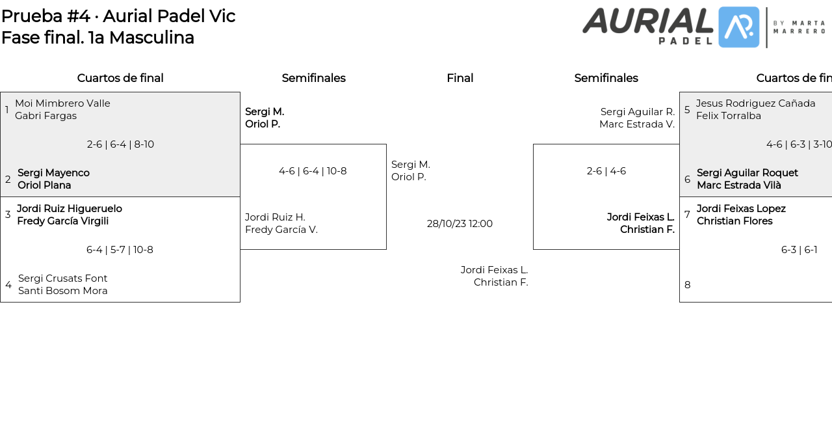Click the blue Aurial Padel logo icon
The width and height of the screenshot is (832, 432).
click(x=738, y=27)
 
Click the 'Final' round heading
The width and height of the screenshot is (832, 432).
click(x=460, y=78)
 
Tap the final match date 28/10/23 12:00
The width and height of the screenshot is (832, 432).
click(x=460, y=224)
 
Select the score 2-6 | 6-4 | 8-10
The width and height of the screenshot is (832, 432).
click(x=120, y=144)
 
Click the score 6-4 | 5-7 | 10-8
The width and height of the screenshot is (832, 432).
click(x=120, y=250)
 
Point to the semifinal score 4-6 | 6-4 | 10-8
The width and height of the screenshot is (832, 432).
click(x=313, y=171)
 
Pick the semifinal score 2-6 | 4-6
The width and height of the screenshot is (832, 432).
click(x=606, y=171)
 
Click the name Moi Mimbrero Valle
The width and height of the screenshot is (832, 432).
click(x=62, y=103)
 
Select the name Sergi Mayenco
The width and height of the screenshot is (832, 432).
click(x=53, y=173)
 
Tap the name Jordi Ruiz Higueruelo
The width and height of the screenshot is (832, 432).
click(x=70, y=209)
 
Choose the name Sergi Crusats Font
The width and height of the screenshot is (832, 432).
click(x=62, y=278)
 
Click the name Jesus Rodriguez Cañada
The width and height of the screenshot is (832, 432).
click(x=755, y=103)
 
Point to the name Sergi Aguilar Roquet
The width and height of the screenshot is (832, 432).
click(x=747, y=173)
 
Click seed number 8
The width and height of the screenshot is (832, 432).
click(x=687, y=285)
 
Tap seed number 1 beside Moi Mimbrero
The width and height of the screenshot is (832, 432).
click(x=7, y=110)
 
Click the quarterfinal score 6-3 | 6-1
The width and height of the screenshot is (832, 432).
click(x=799, y=250)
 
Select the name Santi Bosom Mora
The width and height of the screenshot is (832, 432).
click(x=62, y=291)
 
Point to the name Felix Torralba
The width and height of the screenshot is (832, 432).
click(x=728, y=116)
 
